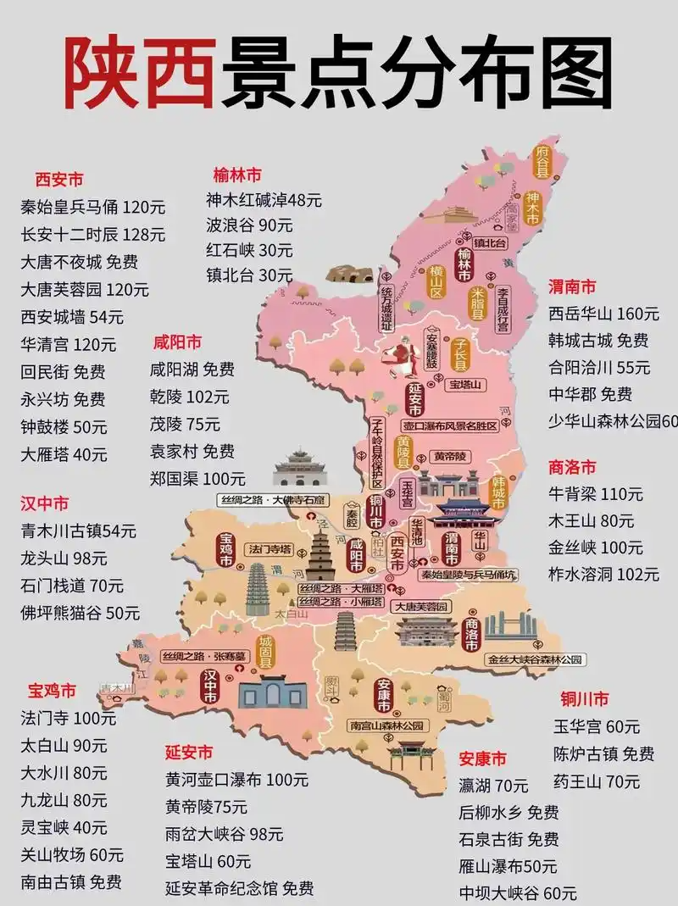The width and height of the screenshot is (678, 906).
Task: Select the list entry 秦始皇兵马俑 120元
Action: tap(93, 208)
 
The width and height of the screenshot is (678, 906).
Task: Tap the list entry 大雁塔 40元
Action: tap(64, 454)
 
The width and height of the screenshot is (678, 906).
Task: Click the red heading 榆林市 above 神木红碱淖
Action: tap(238, 175)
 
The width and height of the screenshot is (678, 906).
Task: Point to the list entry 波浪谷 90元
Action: tap(249, 225)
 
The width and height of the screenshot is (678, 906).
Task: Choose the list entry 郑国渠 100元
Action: tap(197, 478)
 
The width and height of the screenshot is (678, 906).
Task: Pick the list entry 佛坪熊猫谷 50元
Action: tap(81, 612)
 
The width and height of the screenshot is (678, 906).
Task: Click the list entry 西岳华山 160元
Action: tap(603, 314)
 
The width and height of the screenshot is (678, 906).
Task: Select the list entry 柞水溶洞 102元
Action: tap(603, 574)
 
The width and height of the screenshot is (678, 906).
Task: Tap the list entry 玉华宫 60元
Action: tap(597, 727)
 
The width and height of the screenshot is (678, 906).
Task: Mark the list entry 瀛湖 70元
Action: tap(493, 786)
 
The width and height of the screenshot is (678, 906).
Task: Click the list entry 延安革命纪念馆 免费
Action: tap(240, 888)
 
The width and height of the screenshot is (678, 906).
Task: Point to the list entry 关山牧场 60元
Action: tap(72, 854)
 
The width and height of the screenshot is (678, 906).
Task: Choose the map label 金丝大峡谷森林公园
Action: tap(535, 658)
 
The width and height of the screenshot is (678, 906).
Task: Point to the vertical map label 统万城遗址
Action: tap(386, 303)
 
